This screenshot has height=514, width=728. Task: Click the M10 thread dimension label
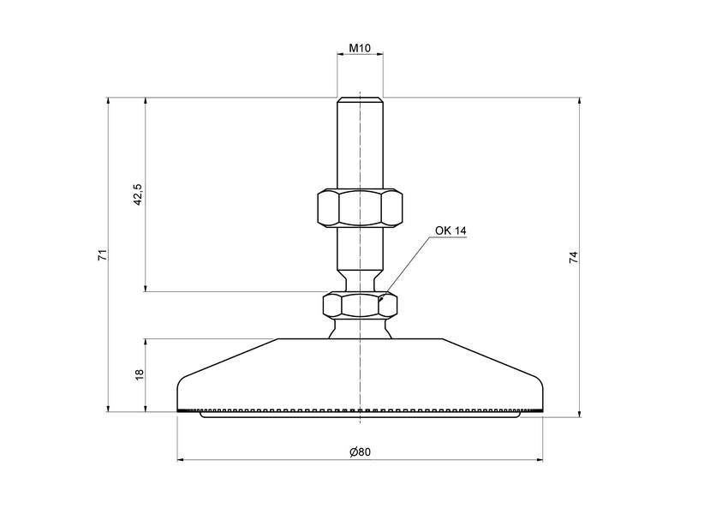(x=360, y=49)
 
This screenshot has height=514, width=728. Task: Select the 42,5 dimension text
(x=137, y=194)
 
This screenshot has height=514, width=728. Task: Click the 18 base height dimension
(x=138, y=374)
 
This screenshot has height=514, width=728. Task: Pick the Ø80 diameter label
(x=360, y=452)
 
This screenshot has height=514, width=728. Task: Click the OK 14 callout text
(x=451, y=230)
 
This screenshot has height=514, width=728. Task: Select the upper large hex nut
(x=360, y=208)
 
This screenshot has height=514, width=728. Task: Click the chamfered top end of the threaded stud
(x=361, y=99)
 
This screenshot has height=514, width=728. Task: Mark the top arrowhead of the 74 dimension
(x=581, y=102)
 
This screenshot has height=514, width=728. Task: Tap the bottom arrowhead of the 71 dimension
(x=108, y=408)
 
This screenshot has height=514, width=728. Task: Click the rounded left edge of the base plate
(x=180, y=387)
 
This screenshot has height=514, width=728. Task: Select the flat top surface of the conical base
(x=361, y=339)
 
